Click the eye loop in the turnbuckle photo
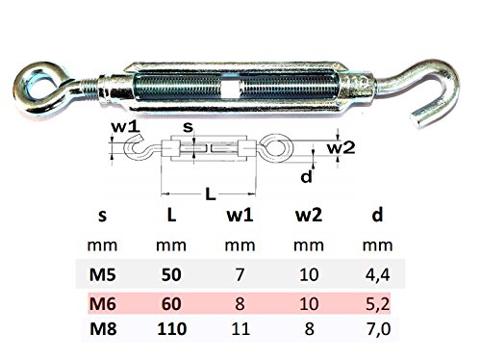click(25, 96)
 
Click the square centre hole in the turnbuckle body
click(230, 89)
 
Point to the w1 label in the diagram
click(125, 127)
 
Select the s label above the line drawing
click(188, 127)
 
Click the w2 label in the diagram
click(341, 148)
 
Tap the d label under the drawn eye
click(307, 176)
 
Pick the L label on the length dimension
click(210, 193)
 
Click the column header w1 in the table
click(240, 216)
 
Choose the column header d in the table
click(377, 215)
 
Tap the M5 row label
click(102, 274)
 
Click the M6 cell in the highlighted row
click(102, 303)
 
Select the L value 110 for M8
click(171, 329)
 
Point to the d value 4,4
click(377, 275)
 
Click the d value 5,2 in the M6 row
click(377, 304)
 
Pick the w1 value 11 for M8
click(240, 329)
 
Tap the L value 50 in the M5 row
click(171, 274)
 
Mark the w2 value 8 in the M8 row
click(309, 329)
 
